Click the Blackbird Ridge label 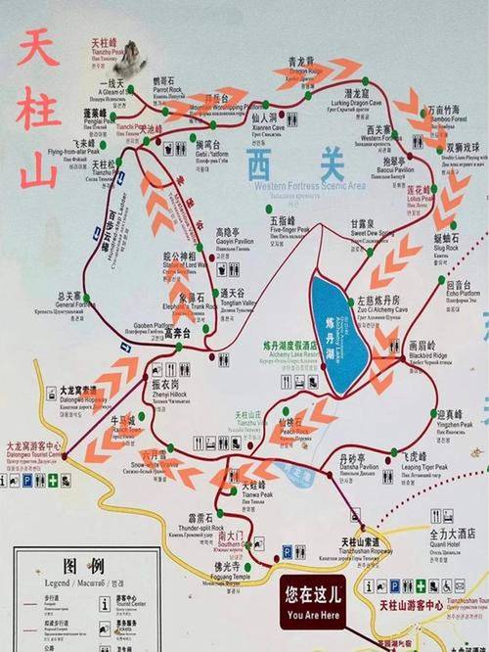427,353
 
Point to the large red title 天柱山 37,108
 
